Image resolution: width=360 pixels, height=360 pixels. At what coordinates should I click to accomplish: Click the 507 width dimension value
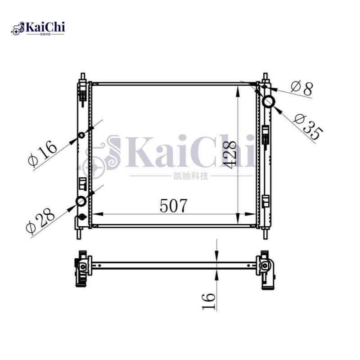tap(173, 206)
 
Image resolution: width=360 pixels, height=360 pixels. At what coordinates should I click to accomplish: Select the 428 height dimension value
tap(229, 155)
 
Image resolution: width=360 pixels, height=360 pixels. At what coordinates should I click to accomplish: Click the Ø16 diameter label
tap(43, 153)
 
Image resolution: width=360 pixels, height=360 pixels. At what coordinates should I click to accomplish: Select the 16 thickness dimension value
tap(208, 301)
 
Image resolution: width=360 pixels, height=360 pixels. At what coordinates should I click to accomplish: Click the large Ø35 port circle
tap(269, 101)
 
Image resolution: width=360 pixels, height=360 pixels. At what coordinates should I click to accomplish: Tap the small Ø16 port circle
tap(81, 136)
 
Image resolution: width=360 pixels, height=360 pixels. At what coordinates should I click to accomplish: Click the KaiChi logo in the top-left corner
tap(39, 28)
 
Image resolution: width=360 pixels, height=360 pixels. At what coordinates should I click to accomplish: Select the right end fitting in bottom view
tap(265, 269)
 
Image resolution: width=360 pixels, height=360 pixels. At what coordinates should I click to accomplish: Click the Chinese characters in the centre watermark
tap(192, 176)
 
